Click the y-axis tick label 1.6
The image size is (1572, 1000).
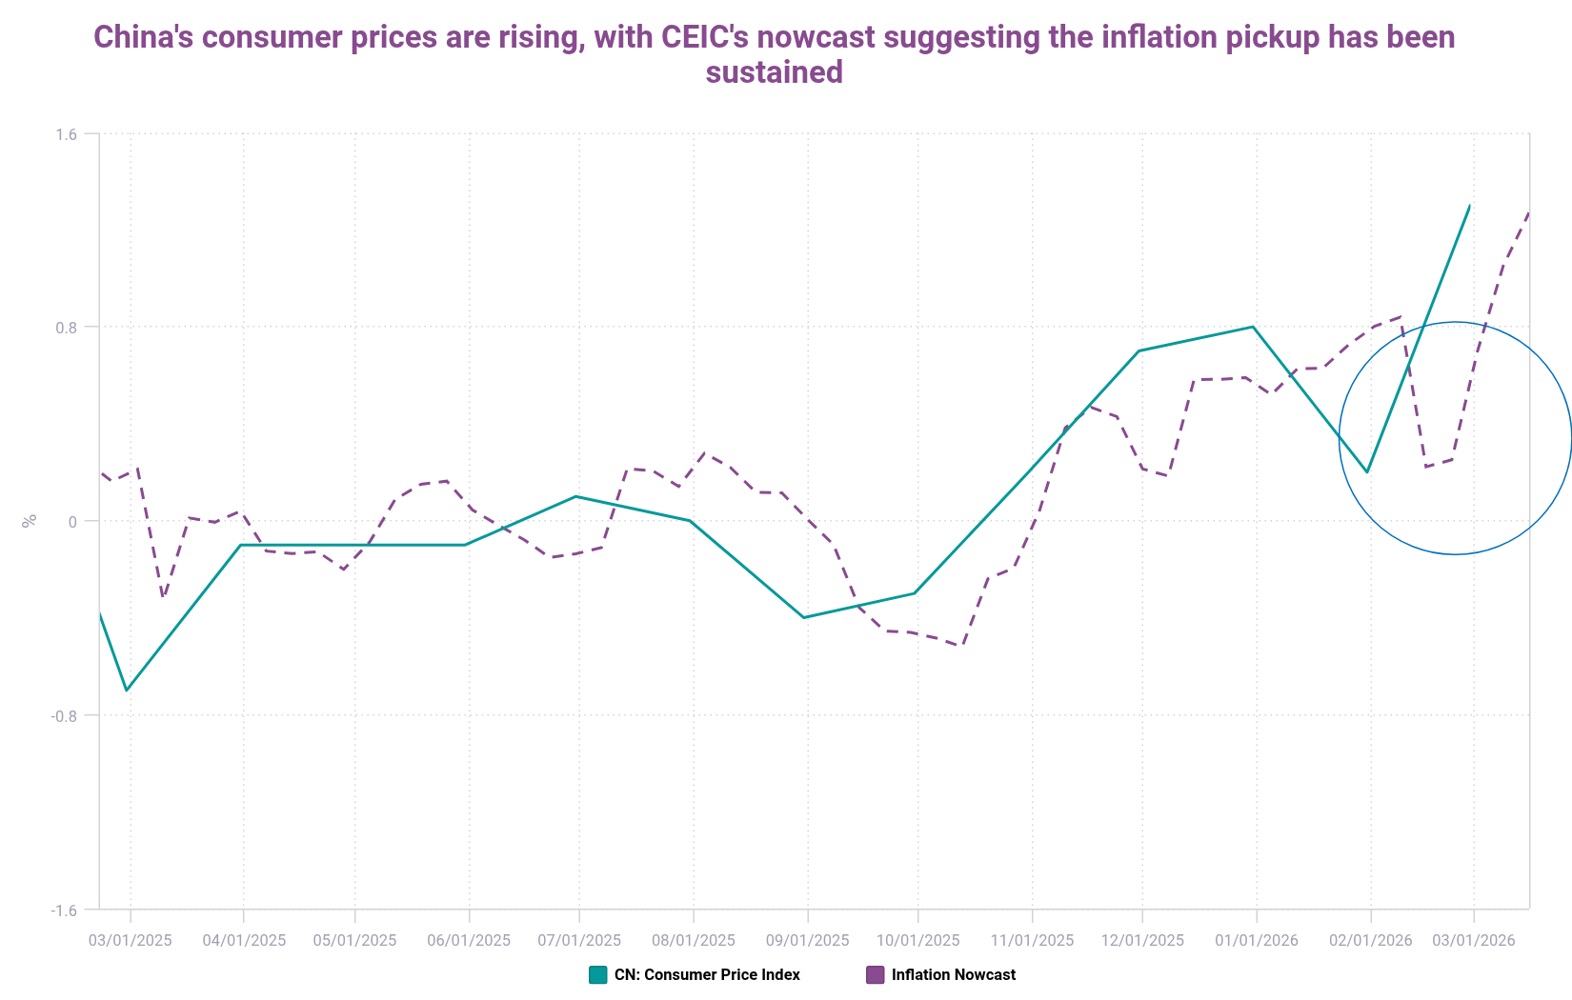pos(66,134)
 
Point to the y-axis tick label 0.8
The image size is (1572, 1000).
pos(66,328)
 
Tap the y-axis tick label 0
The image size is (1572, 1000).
pos(71,521)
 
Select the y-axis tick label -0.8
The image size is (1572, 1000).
pos(64,715)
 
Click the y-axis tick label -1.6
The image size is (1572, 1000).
pos(64,910)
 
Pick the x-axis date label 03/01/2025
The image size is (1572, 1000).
pos(131,941)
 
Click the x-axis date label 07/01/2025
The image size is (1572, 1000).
pos(579,941)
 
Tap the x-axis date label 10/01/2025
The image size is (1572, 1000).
pos(918,941)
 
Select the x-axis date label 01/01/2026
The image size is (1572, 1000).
pos(1257,941)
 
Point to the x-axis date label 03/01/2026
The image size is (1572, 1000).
pos(1474,941)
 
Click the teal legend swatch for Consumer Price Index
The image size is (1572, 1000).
pos(598,975)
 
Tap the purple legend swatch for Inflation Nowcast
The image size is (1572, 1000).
pos(875,975)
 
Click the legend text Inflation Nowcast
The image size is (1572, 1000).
pos(954,975)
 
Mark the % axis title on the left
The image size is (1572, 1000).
pos(30,521)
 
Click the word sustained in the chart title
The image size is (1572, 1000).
pos(774,72)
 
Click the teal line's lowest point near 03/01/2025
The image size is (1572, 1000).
pos(127,690)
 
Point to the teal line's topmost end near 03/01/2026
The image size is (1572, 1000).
pos(1470,206)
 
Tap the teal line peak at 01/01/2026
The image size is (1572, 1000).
pos(1253,327)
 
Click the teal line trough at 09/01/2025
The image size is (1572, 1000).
pos(804,617)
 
